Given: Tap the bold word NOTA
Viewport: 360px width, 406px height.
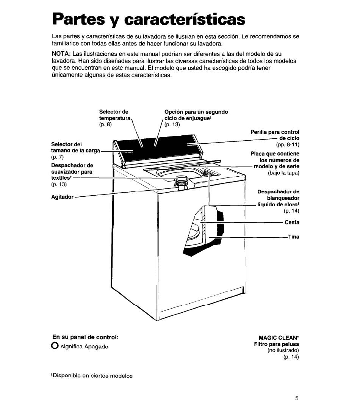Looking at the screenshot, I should tap(60, 54).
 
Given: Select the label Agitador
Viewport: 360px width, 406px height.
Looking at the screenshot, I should tap(63, 197).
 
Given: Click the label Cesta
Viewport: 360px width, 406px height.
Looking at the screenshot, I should tap(292, 223).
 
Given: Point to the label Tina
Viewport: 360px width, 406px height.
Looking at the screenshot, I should tap(294, 237).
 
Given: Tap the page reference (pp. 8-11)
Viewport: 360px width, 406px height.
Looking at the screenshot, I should tap(288, 145).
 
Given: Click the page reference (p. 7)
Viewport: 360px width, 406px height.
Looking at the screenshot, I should tap(57, 157).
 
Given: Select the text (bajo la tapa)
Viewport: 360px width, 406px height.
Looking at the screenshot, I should tap(283, 173).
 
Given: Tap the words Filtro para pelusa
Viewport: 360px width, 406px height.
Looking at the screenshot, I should tap(277, 344).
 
